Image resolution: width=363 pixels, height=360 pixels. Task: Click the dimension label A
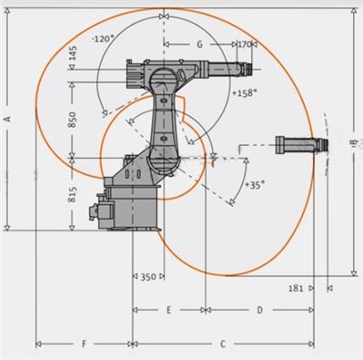8,119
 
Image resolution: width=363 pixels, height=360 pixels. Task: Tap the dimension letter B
354,141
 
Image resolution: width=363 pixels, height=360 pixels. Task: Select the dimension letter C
223,344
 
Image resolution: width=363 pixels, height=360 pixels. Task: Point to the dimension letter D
260,310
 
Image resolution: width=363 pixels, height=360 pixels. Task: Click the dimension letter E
169,310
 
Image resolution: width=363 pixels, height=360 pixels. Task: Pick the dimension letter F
84,344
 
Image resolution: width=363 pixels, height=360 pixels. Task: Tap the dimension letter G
200,44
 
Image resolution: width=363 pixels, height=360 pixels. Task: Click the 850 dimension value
73,120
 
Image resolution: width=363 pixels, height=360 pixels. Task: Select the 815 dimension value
73,194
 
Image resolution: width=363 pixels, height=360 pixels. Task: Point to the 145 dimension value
73,54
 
